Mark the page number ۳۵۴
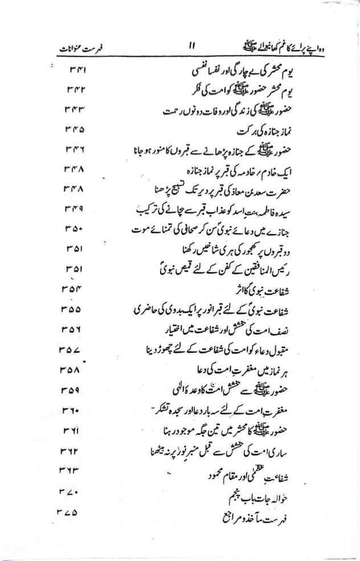pyautogui.click(x=72, y=289)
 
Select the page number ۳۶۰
pyautogui.click(x=71, y=410)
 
